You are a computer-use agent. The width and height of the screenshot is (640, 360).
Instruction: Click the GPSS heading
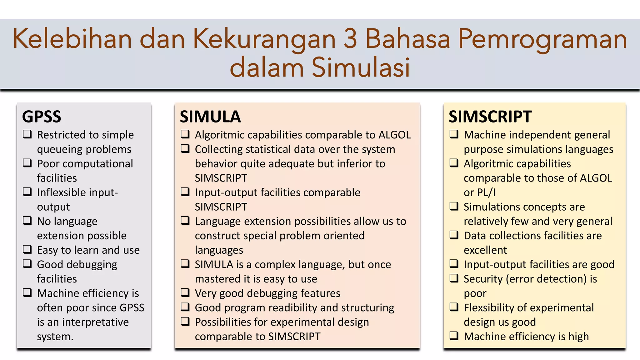click(42, 117)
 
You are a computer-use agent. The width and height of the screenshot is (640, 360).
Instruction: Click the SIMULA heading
click(210, 117)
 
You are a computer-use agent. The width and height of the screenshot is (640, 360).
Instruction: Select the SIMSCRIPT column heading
click(490, 117)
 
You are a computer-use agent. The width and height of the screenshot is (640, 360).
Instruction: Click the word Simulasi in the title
click(361, 67)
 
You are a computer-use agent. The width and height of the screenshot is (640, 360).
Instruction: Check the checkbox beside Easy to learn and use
click(27, 249)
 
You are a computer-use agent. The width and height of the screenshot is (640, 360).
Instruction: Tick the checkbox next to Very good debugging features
click(185, 292)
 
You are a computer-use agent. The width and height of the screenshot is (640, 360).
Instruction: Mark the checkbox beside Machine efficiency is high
click(454, 336)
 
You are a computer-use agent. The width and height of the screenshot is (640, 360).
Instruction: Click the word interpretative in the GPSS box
click(95, 322)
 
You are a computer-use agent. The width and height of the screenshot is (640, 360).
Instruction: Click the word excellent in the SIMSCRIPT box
click(485, 250)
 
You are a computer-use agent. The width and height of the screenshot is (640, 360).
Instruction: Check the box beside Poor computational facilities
click(27, 163)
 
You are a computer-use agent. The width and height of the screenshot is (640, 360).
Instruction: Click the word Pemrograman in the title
click(542, 39)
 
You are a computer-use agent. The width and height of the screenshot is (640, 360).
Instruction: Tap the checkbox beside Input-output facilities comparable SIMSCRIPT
click(185, 192)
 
